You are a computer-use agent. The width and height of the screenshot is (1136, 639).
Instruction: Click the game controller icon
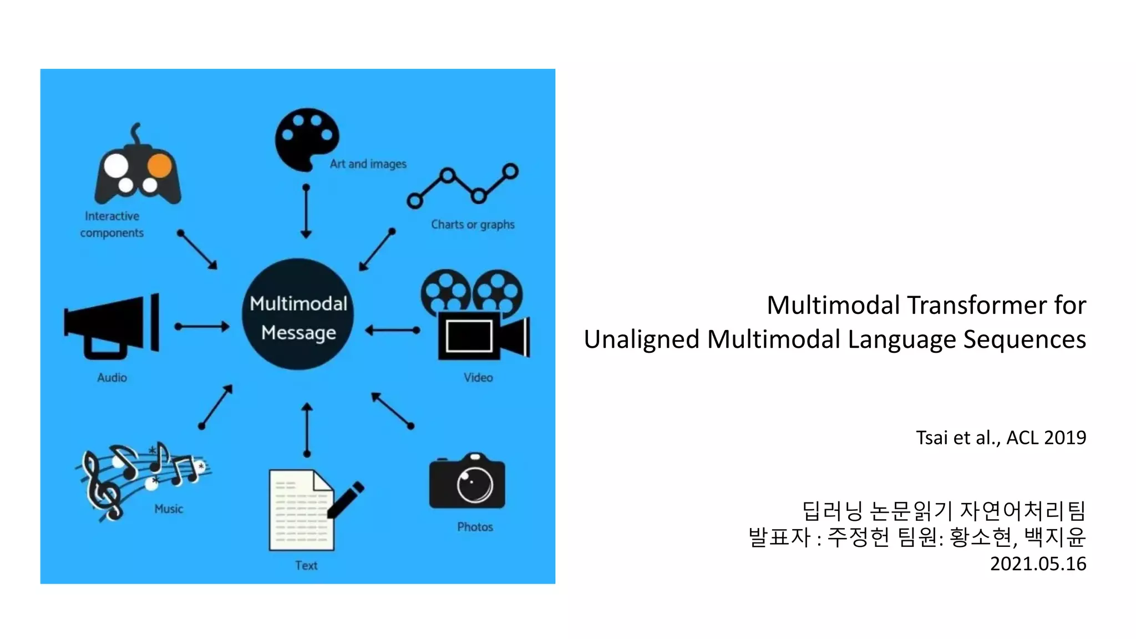tap(138, 169)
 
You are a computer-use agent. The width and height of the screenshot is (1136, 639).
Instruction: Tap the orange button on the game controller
tap(160, 165)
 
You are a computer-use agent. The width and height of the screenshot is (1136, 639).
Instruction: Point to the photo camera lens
tap(475, 484)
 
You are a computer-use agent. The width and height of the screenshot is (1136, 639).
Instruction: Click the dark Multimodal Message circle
tap(298, 314)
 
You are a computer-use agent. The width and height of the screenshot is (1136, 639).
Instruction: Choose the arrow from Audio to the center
tap(202, 326)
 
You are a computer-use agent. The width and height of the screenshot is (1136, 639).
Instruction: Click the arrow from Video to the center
tap(392, 331)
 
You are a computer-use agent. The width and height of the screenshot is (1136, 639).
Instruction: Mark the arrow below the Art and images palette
tap(306, 211)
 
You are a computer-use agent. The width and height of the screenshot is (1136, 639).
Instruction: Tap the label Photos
tap(475, 527)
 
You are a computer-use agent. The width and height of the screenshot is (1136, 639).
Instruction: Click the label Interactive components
tap(112, 225)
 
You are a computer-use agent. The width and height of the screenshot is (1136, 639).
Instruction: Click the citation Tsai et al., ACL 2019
tap(1001, 438)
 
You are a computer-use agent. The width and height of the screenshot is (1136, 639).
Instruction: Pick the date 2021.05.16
tap(1038, 564)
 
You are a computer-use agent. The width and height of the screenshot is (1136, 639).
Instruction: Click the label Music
tap(169, 509)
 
